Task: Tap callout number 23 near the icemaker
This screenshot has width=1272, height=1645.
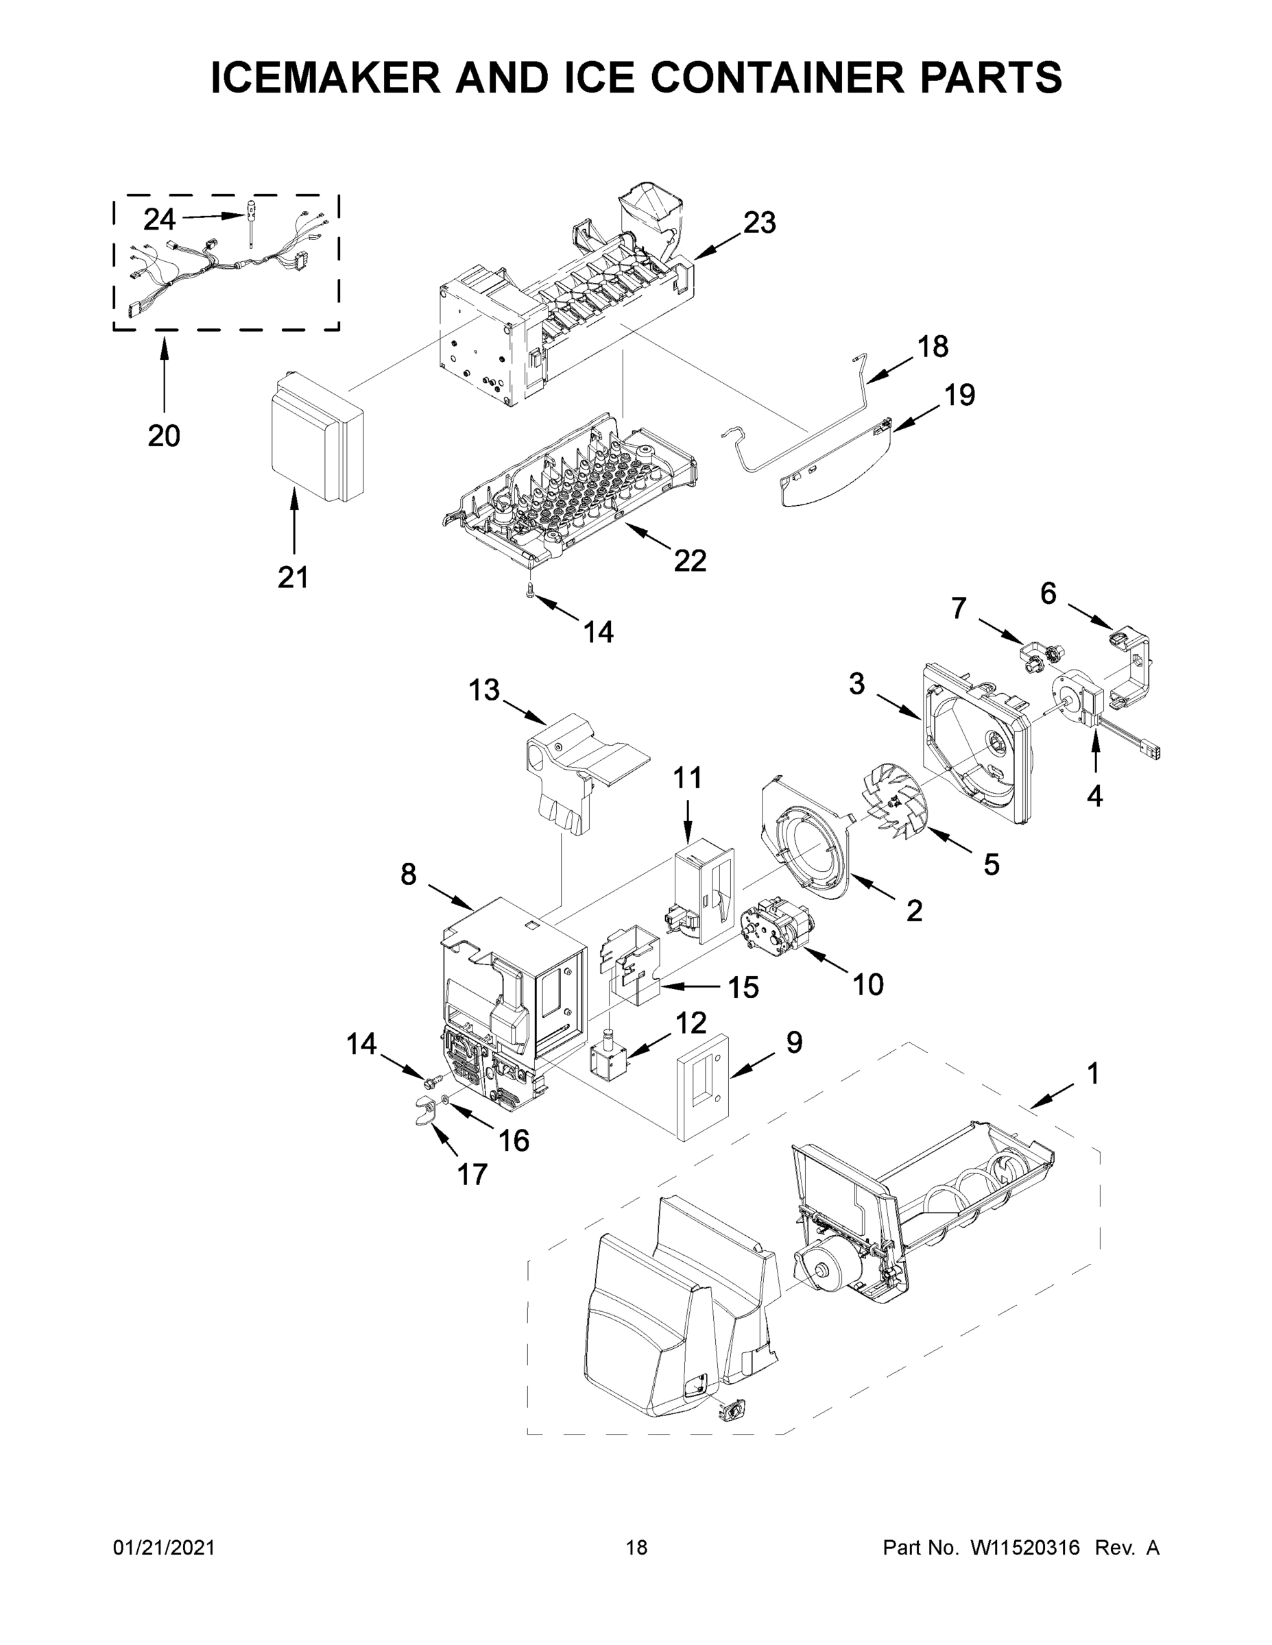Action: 759,223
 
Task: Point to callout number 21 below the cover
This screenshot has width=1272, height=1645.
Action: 293,578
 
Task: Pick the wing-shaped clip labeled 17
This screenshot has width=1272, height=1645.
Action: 427,1113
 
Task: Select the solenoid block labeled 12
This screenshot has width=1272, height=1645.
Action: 608,1062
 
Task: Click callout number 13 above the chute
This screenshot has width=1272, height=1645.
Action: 485,689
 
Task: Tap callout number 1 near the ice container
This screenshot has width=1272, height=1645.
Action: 1092,1074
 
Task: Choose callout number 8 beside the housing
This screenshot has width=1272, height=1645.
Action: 408,875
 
